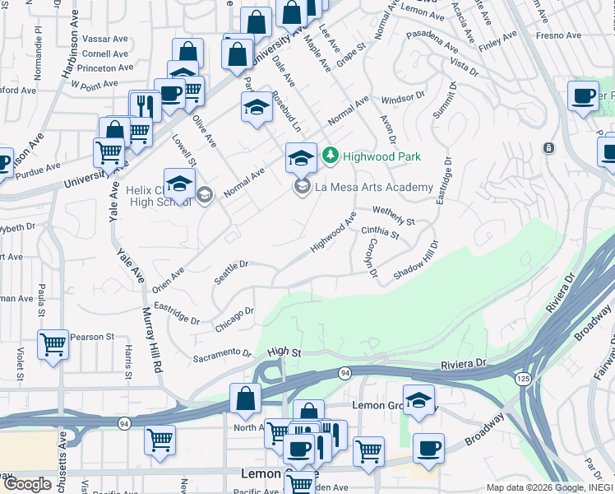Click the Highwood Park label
[381, 156]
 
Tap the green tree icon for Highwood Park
[330, 155]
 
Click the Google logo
[27, 483]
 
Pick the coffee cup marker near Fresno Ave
[583, 96]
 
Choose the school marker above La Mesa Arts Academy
[301, 156]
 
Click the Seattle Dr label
[231, 272]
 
